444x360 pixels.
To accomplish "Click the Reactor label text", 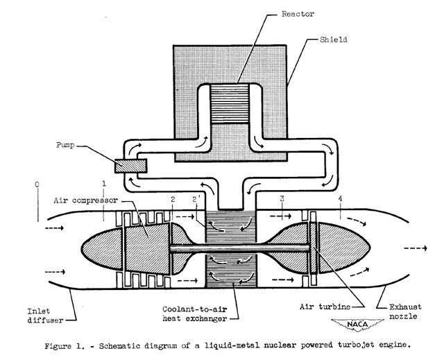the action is [298, 14].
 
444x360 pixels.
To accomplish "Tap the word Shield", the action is [334, 40].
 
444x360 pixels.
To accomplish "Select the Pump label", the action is [65, 146].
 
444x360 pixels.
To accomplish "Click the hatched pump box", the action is [131, 166].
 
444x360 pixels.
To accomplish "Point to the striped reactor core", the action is [230, 103].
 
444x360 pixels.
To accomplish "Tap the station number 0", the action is [37, 185].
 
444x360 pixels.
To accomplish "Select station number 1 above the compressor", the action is [104, 184].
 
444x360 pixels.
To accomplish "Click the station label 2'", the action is [196, 200].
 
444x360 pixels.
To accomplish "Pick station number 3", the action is [282, 198].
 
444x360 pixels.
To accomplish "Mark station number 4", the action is [340, 198].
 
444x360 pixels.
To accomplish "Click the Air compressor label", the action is [86, 200].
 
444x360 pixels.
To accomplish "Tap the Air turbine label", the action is [325, 307].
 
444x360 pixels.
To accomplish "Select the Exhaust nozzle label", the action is [405, 311].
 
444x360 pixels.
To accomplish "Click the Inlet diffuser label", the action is [45, 316].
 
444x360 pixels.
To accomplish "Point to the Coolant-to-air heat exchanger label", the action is [195, 314].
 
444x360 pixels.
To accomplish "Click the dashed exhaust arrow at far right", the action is [416, 248].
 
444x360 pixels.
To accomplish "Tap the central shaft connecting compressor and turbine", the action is [239, 248].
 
